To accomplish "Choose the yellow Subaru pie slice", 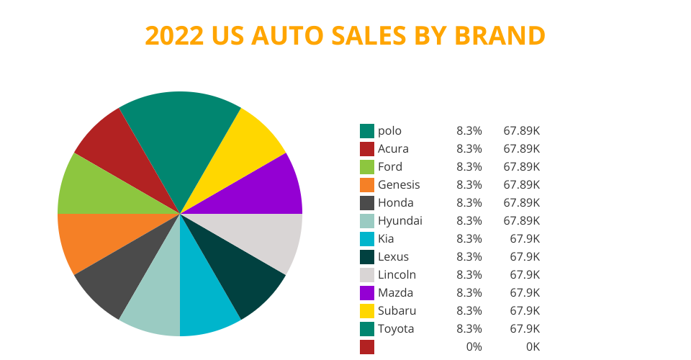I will coord(252,144).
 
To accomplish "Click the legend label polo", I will coord(389,131).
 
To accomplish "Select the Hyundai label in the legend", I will coord(399,221).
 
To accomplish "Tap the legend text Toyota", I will coord(396,329).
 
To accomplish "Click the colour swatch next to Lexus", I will coord(367,257).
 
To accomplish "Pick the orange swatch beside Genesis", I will coord(367,185).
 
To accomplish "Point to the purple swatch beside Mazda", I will coord(367,293).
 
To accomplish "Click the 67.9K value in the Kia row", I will coord(525,239).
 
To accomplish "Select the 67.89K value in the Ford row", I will coord(521,167).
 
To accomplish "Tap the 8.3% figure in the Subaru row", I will coord(469,311).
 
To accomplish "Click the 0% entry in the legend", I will coord(474,347).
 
